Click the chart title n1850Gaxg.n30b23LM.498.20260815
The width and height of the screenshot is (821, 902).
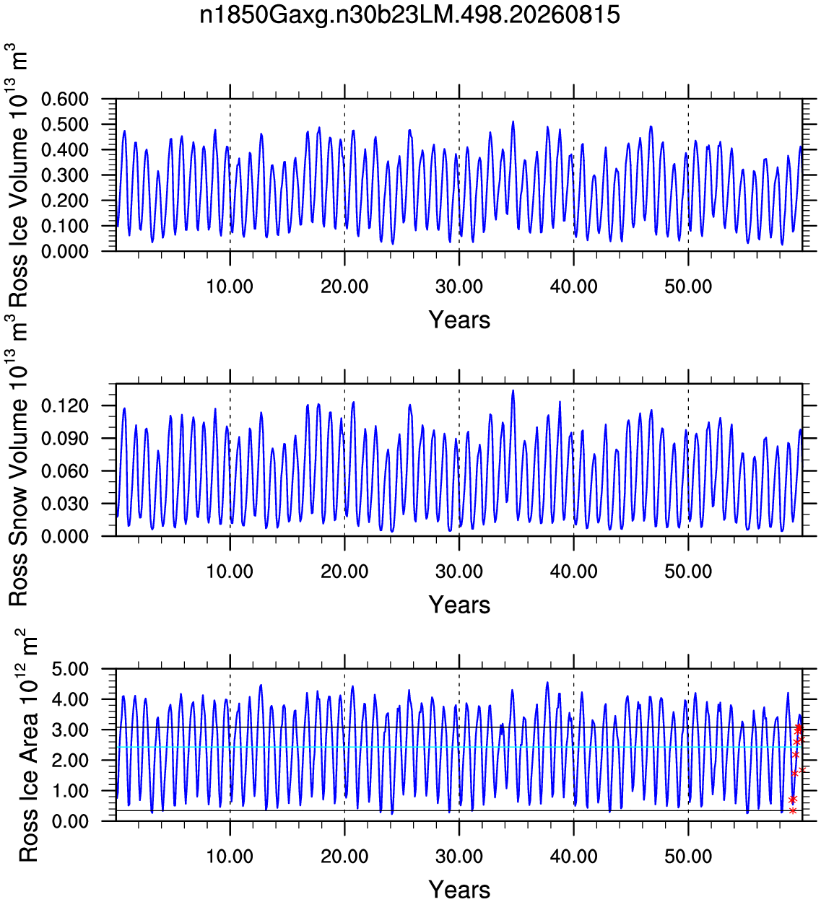[409, 15]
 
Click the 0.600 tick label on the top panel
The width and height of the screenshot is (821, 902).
[65, 99]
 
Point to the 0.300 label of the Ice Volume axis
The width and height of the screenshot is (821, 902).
[65, 175]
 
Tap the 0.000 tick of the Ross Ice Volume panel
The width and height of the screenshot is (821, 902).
[65, 251]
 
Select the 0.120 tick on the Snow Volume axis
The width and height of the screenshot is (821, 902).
[65, 406]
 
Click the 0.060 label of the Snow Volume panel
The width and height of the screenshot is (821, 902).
[65, 470]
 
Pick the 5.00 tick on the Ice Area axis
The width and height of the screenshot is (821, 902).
[70, 669]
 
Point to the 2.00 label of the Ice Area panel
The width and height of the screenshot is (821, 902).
[70, 760]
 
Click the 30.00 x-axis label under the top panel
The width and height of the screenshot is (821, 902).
[459, 286]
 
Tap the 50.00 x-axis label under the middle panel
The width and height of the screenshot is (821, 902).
[688, 571]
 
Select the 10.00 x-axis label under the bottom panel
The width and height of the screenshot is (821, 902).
[230, 856]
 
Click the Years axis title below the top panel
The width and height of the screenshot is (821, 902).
[459, 320]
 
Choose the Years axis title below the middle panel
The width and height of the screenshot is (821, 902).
[459, 605]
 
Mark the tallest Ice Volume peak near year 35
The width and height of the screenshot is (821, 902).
[513, 121]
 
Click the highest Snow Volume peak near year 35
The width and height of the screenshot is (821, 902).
[513, 390]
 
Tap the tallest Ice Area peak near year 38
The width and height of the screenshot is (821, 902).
[547, 682]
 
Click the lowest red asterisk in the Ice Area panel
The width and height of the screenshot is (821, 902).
[793, 811]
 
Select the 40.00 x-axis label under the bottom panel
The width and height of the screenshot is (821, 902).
[573, 856]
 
